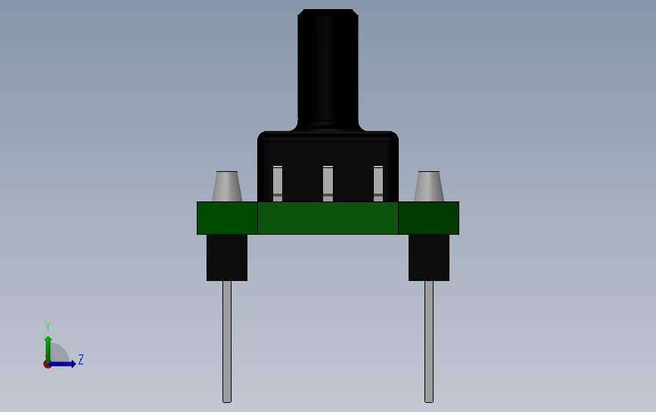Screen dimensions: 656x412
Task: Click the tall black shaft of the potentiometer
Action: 328,70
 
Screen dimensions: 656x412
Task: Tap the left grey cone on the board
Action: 227,186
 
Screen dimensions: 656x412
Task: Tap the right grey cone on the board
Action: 429,186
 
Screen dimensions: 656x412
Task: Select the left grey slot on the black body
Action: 278,184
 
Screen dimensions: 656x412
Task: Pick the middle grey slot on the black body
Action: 328,184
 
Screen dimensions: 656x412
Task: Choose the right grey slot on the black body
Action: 378,184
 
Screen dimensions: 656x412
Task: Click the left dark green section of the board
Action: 227,218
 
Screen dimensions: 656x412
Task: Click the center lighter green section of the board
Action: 328,218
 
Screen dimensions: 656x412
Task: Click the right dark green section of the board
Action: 429,218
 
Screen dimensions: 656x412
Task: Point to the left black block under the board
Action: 227,257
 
